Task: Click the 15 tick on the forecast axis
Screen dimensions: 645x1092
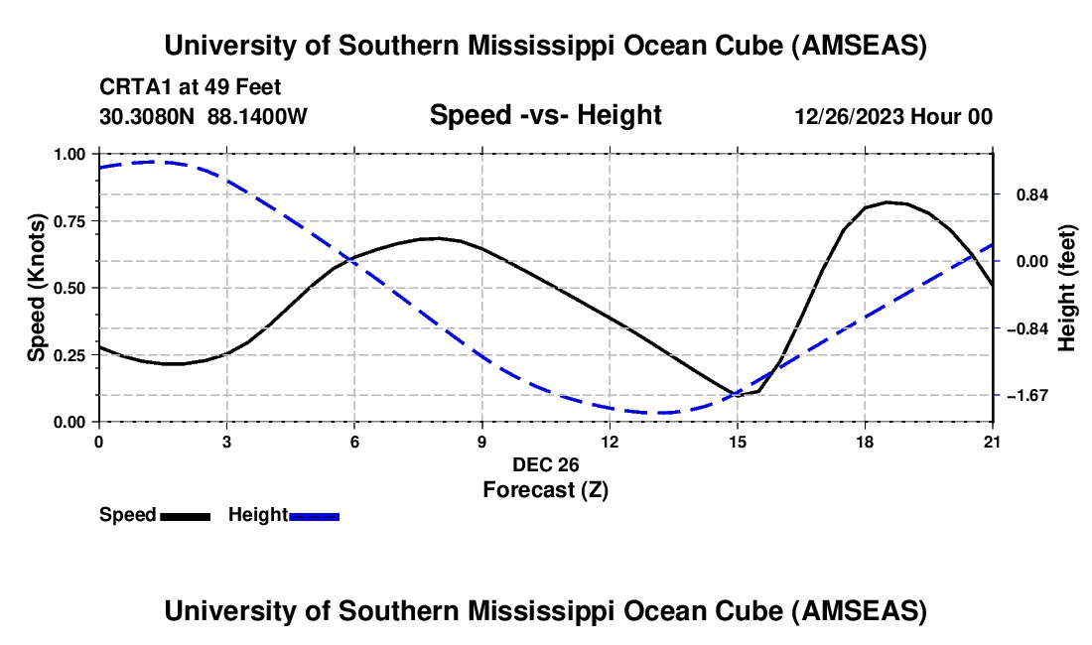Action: [737, 442]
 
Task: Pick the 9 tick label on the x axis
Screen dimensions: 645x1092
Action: [481, 442]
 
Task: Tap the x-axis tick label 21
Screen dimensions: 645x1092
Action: [993, 442]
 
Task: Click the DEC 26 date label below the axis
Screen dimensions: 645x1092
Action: [545, 464]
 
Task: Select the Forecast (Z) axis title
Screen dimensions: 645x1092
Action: [545, 489]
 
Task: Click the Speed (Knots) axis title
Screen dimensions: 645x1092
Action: [36, 288]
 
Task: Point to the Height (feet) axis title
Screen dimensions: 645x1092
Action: [1067, 288]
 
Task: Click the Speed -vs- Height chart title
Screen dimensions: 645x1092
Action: [545, 115]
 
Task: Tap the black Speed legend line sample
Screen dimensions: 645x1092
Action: [185, 516]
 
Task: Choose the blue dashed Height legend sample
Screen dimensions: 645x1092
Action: [314, 516]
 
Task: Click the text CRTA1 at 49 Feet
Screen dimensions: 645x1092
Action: [184, 86]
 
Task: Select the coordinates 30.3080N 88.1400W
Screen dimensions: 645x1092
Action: [204, 116]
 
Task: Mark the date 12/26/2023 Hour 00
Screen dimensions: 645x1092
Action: [893, 116]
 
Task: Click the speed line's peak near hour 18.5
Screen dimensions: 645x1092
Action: [888, 201]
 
